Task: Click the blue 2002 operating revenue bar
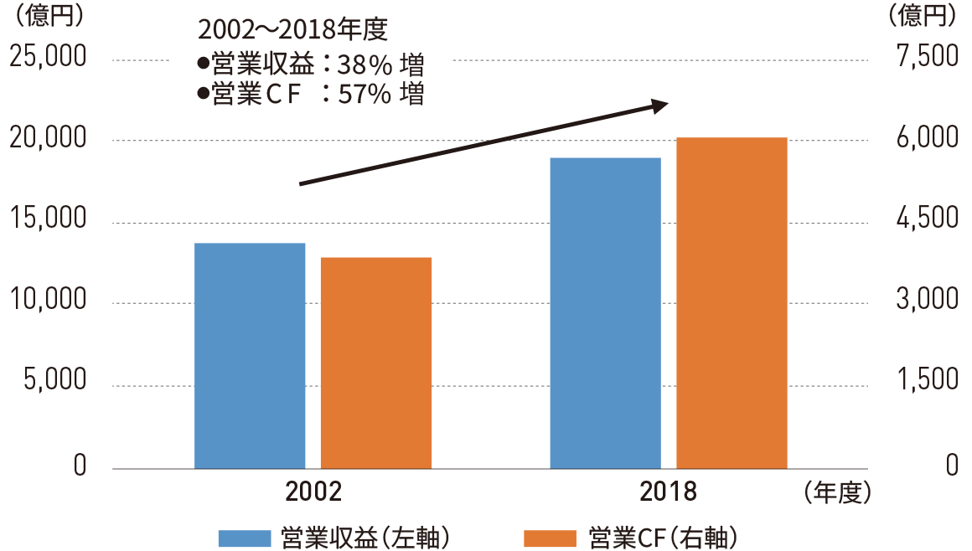[250, 355]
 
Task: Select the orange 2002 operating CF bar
[376, 362]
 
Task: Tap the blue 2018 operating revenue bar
[606, 312]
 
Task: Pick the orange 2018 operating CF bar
[732, 302]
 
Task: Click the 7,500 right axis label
[926, 58]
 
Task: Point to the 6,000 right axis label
[926, 139]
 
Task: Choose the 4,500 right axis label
[926, 220]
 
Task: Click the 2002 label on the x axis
[313, 492]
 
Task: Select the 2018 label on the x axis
[669, 492]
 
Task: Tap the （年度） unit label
[837, 492]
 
